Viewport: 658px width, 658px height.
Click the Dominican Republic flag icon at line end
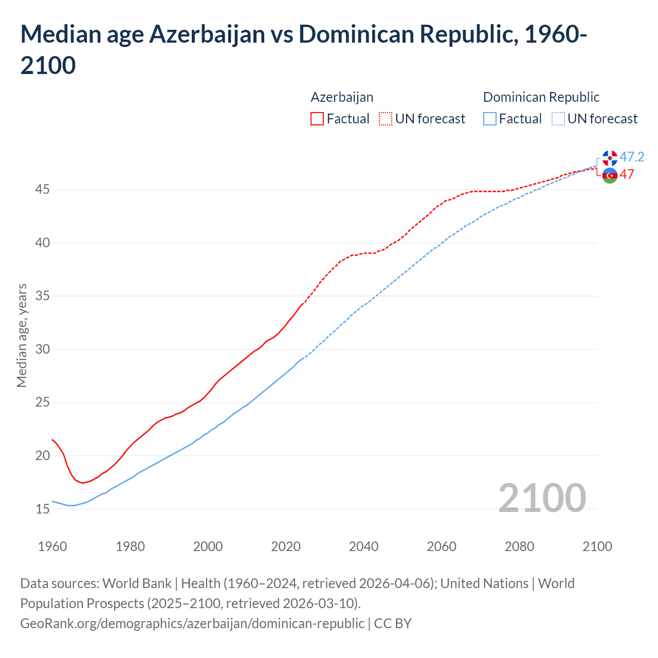610,158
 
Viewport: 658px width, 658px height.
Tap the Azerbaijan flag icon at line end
610,175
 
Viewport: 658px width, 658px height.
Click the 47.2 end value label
632,157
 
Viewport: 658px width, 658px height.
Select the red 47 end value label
627,174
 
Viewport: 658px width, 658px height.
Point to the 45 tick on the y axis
43,190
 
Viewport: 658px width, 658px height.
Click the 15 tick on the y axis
43,509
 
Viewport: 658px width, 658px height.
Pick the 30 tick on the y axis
43,350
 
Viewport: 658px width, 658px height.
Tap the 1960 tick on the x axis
52,546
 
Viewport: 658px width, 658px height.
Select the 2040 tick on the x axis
363,546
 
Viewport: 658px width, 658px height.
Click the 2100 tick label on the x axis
597,546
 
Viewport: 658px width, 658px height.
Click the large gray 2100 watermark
542,498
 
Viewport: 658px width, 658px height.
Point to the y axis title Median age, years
22,335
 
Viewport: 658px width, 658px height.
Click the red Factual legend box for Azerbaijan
317,119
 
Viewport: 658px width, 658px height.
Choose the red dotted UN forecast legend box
386,119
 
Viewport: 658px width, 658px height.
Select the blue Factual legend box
490,119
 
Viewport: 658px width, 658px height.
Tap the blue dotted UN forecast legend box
558,119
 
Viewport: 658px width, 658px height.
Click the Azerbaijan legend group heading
342,97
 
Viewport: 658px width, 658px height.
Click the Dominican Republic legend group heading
541,97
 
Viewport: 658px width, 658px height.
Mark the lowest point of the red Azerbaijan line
83,483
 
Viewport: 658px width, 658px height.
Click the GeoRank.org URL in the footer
192,623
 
